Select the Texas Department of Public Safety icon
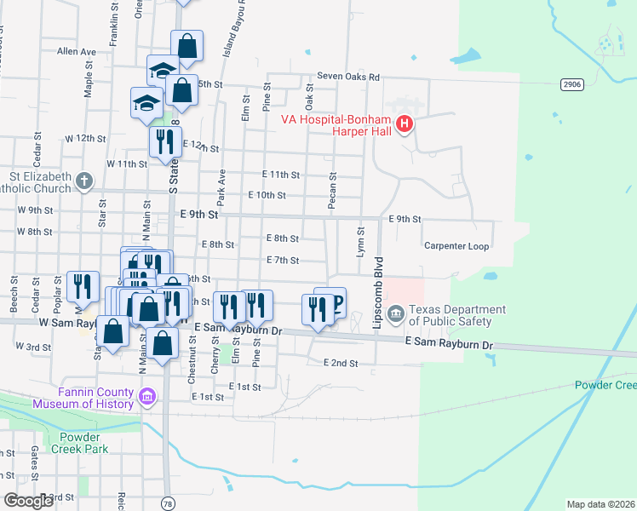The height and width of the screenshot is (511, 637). (396, 315)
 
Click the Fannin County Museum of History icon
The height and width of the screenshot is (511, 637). (147, 396)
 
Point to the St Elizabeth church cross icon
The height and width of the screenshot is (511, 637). (83, 181)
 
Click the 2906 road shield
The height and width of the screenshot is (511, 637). (572, 83)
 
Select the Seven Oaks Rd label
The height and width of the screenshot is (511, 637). (347, 76)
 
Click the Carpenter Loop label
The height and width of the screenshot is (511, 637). (456, 246)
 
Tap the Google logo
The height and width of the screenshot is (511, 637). (28, 501)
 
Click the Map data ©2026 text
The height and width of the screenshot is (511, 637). (600, 504)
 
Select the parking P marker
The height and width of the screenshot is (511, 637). (336, 303)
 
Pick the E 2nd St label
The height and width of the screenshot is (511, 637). (340, 363)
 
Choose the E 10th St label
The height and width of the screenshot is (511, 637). (267, 195)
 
